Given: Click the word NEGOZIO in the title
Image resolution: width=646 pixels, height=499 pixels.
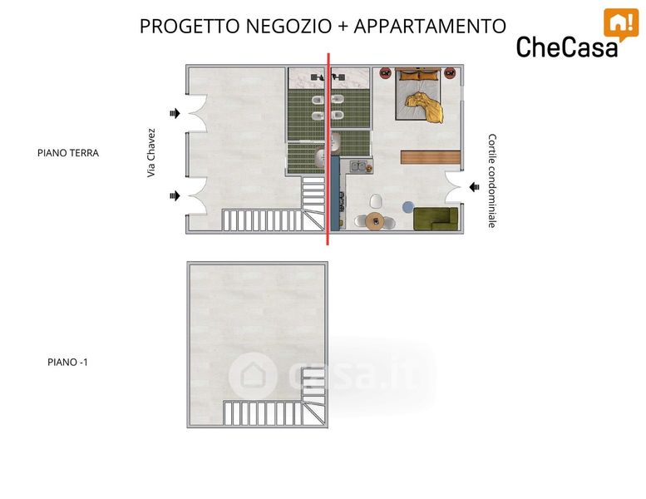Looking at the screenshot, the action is (288, 26).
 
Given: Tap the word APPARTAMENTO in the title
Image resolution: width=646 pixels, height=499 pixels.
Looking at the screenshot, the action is (430, 26).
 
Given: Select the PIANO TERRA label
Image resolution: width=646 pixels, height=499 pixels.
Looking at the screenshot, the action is (68, 153).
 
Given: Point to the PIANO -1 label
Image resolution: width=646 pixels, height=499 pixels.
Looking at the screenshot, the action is (67, 363).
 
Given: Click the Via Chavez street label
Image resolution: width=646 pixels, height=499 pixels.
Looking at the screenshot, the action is (151, 153).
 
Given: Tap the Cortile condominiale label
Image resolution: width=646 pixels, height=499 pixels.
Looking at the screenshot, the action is (492, 180).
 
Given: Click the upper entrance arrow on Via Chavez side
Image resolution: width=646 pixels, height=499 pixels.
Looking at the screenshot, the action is (175, 113).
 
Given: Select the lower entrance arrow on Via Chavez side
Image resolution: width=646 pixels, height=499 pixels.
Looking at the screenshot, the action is (175, 195).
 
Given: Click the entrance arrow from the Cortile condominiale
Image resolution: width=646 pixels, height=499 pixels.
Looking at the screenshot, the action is (474, 187).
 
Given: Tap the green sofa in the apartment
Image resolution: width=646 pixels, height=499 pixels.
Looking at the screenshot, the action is (436, 219).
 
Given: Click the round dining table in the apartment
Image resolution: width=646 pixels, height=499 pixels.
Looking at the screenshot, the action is (375, 221).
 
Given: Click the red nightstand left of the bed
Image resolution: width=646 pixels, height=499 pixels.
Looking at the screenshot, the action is (385, 73).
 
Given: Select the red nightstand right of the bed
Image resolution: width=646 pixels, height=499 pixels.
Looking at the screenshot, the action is (450, 73).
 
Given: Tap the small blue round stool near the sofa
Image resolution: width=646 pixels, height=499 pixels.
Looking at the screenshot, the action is (408, 207).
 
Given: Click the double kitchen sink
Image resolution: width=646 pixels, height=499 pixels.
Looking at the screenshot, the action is (358, 166).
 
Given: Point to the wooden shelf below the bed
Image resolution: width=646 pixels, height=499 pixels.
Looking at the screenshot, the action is (431, 157).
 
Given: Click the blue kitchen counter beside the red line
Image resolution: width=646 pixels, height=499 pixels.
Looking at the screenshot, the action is (336, 193).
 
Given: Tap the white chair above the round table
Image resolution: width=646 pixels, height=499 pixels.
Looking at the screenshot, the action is (376, 201).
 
